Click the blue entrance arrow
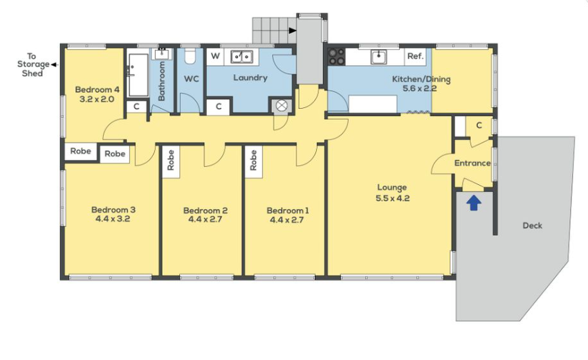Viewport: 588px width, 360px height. click(x=474, y=203)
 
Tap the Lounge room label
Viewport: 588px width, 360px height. click(x=392, y=188)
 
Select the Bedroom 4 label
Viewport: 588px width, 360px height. click(x=97, y=90)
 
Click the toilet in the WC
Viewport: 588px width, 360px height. click(x=190, y=55)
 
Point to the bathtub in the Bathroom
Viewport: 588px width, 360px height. click(x=138, y=75)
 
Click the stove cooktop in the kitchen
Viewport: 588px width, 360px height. click(x=336, y=57)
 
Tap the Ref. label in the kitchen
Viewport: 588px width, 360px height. click(x=416, y=56)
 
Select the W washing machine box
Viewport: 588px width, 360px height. click(x=215, y=56)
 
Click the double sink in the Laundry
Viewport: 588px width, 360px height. click(x=241, y=57)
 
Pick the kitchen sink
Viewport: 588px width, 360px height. click(x=380, y=57)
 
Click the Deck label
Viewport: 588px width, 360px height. click(x=533, y=226)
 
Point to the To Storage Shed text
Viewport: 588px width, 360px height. click(x=33, y=64)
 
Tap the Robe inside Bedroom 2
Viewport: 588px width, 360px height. click(x=171, y=161)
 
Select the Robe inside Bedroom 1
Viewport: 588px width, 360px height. click(x=253, y=161)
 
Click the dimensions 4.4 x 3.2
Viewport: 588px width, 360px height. click(x=113, y=219)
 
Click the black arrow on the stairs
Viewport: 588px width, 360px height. click(x=293, y=30)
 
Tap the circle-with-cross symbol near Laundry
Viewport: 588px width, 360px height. click(x=282, y=105)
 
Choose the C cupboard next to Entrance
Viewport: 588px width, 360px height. click(x=479, y=125)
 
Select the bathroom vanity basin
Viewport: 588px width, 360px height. click(x=162, y=54)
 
